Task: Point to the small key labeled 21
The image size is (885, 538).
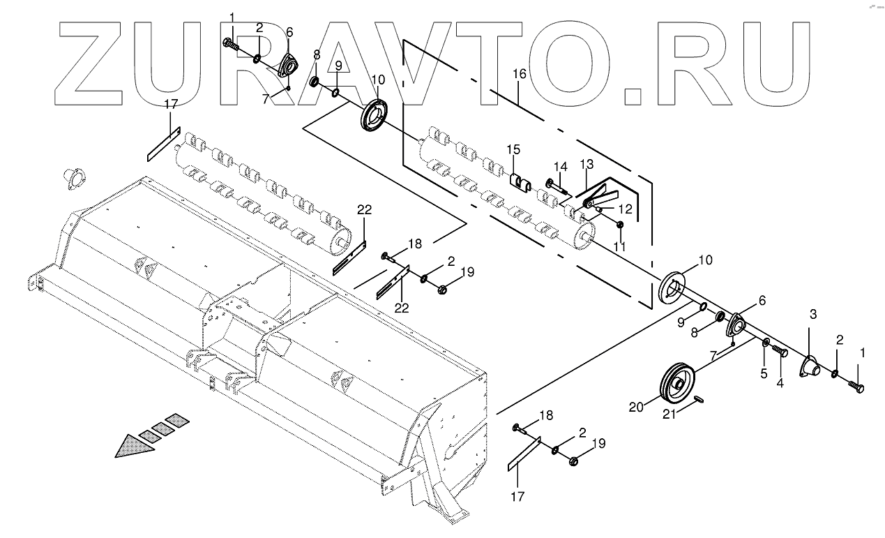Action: coord(702,398)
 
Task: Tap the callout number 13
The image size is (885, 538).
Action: coord(586,164)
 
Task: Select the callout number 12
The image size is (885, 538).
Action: coord(625,209)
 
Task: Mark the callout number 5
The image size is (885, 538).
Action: coord(764,373)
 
